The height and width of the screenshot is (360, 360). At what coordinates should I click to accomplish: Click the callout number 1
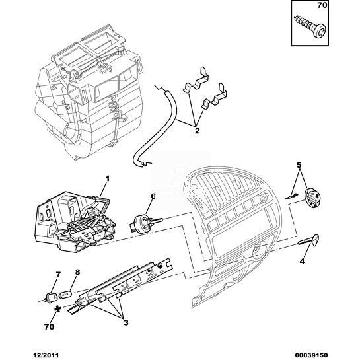[x=107, y=178]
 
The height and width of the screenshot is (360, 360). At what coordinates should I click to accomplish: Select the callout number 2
[x=197, y=131]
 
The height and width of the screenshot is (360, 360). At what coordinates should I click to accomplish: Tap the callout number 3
[x=126, y=322]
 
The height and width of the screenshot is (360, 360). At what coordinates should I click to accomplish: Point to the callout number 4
[x=302, y=261]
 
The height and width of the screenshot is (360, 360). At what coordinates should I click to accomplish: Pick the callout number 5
[x=299, y=165]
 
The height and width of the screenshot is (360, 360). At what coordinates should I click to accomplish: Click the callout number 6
[x=153, y=196]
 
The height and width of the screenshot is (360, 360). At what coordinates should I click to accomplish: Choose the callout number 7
[x=58, y=274]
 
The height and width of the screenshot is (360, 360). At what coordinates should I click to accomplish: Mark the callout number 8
[x=77, y=272]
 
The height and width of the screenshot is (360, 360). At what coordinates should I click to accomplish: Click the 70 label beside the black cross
[x=49, y=326]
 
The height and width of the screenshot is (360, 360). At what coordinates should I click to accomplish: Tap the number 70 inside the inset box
[x=322, y=5]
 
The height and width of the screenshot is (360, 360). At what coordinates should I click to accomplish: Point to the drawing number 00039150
[x=310, y=355]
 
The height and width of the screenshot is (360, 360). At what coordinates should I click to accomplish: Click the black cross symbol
[x=57, y=309]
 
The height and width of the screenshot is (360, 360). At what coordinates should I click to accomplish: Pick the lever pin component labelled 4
[x=308, y=241]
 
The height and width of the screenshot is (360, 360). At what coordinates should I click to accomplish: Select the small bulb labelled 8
[x=66, y=294]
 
